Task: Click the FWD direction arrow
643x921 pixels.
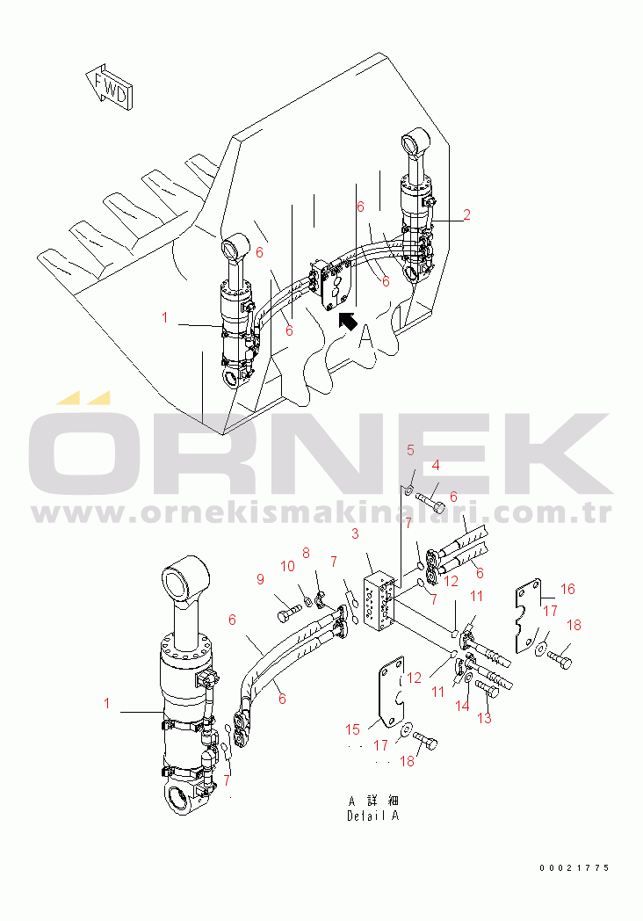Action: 110,86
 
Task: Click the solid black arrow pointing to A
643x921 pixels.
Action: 348,322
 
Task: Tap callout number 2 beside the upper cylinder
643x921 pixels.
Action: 466,215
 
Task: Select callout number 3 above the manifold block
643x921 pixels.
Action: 355,534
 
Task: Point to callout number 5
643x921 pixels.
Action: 410,450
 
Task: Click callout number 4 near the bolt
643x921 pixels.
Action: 435,465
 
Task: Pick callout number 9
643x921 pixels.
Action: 261,579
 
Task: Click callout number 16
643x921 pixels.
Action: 567,589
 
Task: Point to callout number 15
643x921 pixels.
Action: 352,729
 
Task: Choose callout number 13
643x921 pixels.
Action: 484,718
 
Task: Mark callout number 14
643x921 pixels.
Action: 463,706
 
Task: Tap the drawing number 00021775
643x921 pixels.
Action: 574,867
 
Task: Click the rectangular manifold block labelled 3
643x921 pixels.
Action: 380,601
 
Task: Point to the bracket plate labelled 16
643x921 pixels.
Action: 529,616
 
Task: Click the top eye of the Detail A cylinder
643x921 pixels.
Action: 185,579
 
